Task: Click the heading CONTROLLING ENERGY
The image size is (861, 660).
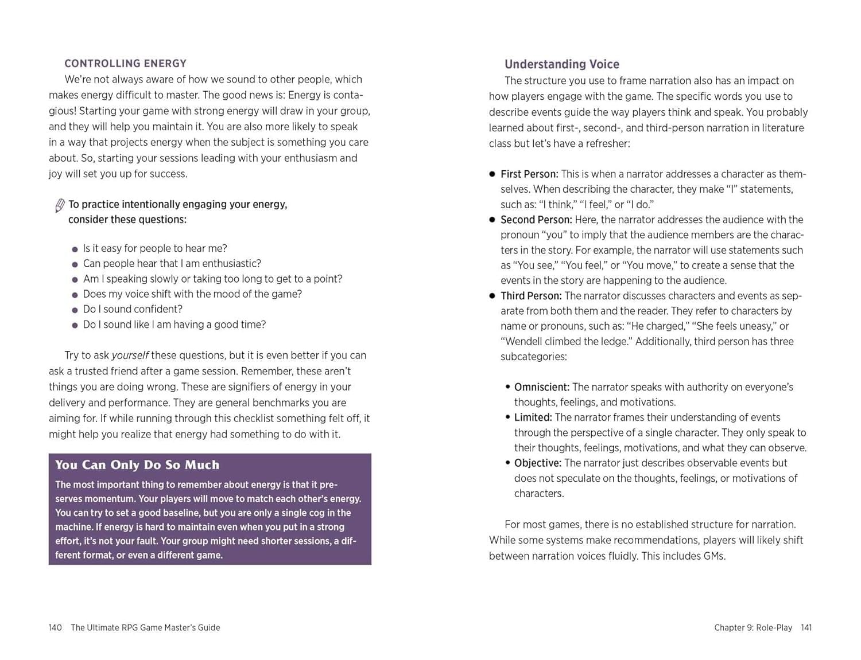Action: [x=125, y=64]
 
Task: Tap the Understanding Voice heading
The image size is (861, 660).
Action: [x=561, y=64]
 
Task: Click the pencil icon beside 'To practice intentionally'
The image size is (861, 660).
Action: [x=59, y=205]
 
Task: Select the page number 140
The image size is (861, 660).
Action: [x=55, y=627]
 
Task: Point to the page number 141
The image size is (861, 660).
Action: [x=806, y=627]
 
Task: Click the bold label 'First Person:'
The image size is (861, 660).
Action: [x=529, y=174]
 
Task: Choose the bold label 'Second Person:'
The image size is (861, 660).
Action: [x=536, y=220]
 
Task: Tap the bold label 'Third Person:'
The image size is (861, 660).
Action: [x=530, y=296]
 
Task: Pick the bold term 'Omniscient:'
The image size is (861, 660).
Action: [x=541, y=387]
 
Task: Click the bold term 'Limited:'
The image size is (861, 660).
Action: [x=533, y=417]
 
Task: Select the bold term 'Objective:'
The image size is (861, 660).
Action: [x=537, y=463]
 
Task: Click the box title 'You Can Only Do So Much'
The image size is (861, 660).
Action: [x=137, y=464]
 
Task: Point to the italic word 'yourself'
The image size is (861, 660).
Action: [x=130, y=356]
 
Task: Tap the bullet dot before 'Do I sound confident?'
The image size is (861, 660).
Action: [x=75, y=310]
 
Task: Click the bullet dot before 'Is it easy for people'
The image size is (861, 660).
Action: [x=75, y=249]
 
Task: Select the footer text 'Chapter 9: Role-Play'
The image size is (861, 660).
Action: [x=753, y=627]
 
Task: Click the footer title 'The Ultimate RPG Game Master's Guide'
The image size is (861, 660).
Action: [x=145, y=627]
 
